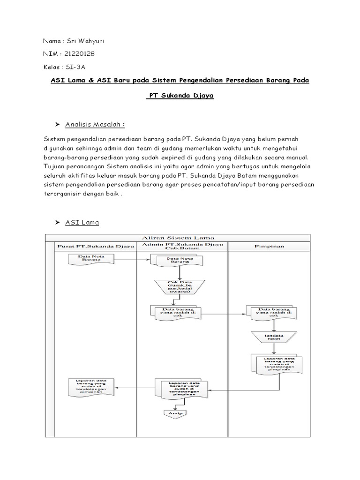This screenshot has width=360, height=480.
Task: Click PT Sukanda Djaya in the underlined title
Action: pyautogui.click(x=180, y=96)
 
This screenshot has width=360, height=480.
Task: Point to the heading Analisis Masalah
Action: pyautogui.click(x=95, y=124)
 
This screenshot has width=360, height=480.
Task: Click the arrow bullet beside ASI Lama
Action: pyautogui.click(x=58, y=223)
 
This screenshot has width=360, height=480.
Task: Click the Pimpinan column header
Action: pyautogui.click(x=268, y=246)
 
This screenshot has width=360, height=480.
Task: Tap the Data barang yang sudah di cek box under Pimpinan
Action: pyautogui.click(x=271, y=313)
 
